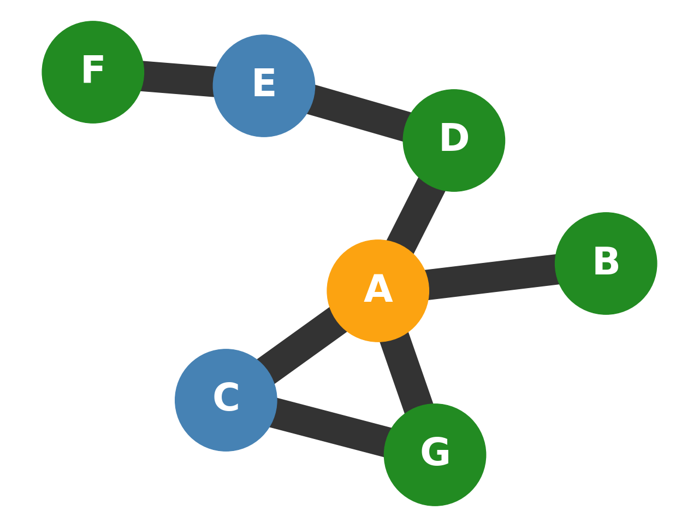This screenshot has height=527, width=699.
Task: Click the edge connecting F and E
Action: (x=178, y=79)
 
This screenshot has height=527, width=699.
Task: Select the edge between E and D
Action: (x=359, y=113)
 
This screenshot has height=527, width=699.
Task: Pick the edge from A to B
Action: (x=491, y=277)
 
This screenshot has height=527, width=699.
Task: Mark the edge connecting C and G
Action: (x=330, y=427)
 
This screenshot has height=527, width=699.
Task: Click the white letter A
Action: (x=378, y=289)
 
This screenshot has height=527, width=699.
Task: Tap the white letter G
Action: (x=435, y=453)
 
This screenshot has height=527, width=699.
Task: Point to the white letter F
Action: (x=93, y=70)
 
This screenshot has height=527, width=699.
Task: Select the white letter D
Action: (x=454, y=138)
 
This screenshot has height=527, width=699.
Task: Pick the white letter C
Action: (x=226, y=398)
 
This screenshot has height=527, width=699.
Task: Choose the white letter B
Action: (x=606, y=262)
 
